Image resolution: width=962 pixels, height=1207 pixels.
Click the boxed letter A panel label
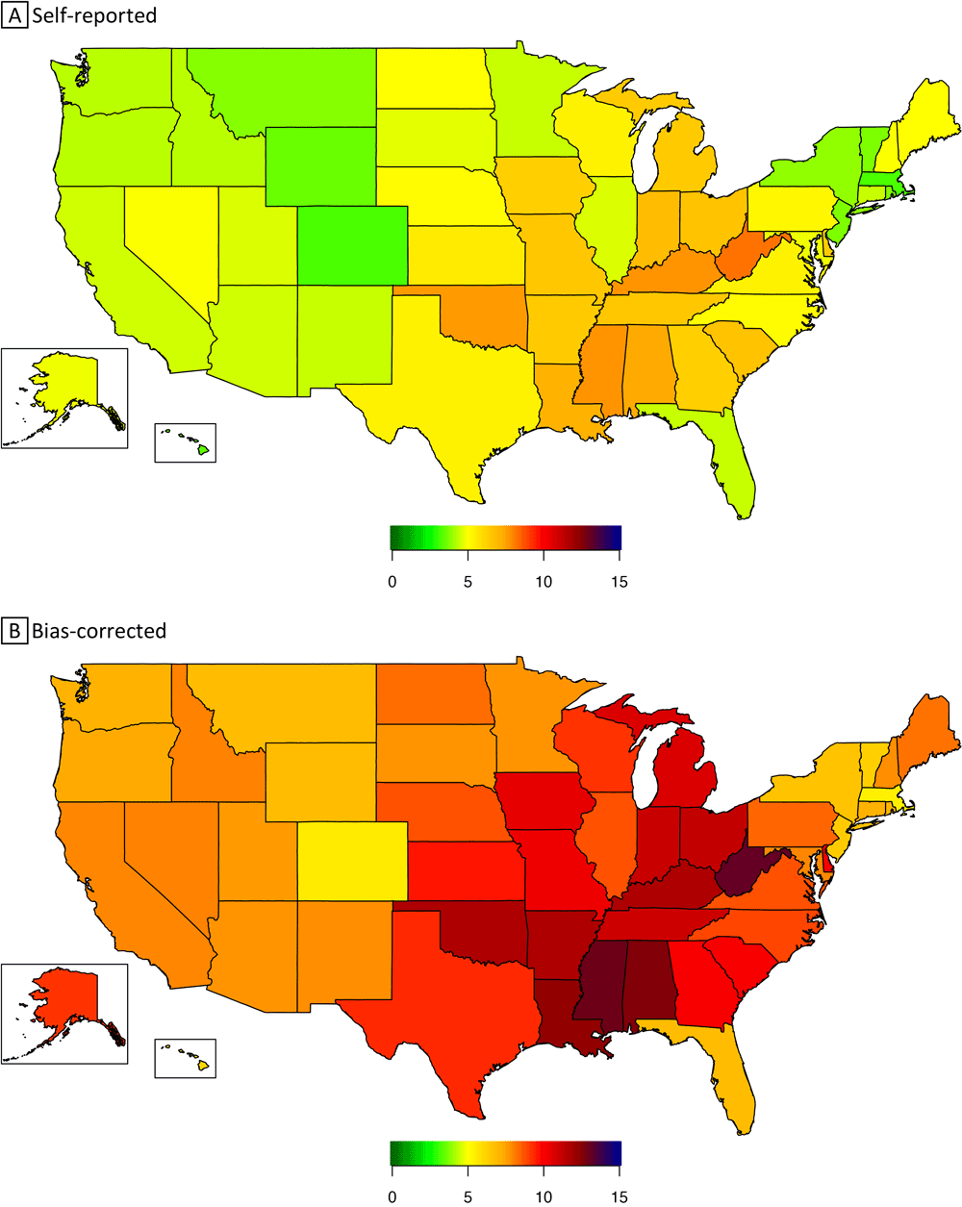(15, 15)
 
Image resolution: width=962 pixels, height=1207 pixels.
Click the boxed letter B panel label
(15, 631)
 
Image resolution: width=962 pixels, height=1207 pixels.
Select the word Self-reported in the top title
(94, 15)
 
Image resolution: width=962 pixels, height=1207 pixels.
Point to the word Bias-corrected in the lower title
(99, 631)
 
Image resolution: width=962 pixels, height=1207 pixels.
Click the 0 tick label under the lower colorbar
(392, 1197)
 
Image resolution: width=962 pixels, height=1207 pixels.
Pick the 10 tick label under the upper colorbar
(544, 583)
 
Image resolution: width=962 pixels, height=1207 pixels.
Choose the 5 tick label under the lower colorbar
(468, 1197)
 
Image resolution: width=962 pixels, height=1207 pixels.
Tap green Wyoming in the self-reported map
(319, 165)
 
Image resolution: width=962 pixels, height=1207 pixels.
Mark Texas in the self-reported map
(452, 390)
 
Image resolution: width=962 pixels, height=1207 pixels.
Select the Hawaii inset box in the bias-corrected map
(186, 1058)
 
